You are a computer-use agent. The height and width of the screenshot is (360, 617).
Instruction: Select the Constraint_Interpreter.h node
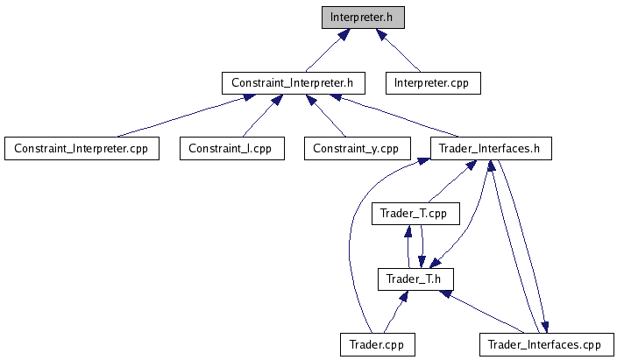[292, 82]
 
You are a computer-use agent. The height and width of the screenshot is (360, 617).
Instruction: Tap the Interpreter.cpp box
[433, 82]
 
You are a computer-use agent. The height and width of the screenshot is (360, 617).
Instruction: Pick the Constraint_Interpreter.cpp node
[81, 148]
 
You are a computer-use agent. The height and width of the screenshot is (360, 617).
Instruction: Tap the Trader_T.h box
[415, 279]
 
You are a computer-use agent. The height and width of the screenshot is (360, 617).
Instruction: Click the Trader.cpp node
[377, 344]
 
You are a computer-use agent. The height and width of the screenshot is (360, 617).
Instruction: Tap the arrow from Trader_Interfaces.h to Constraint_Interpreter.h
[395, 115]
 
